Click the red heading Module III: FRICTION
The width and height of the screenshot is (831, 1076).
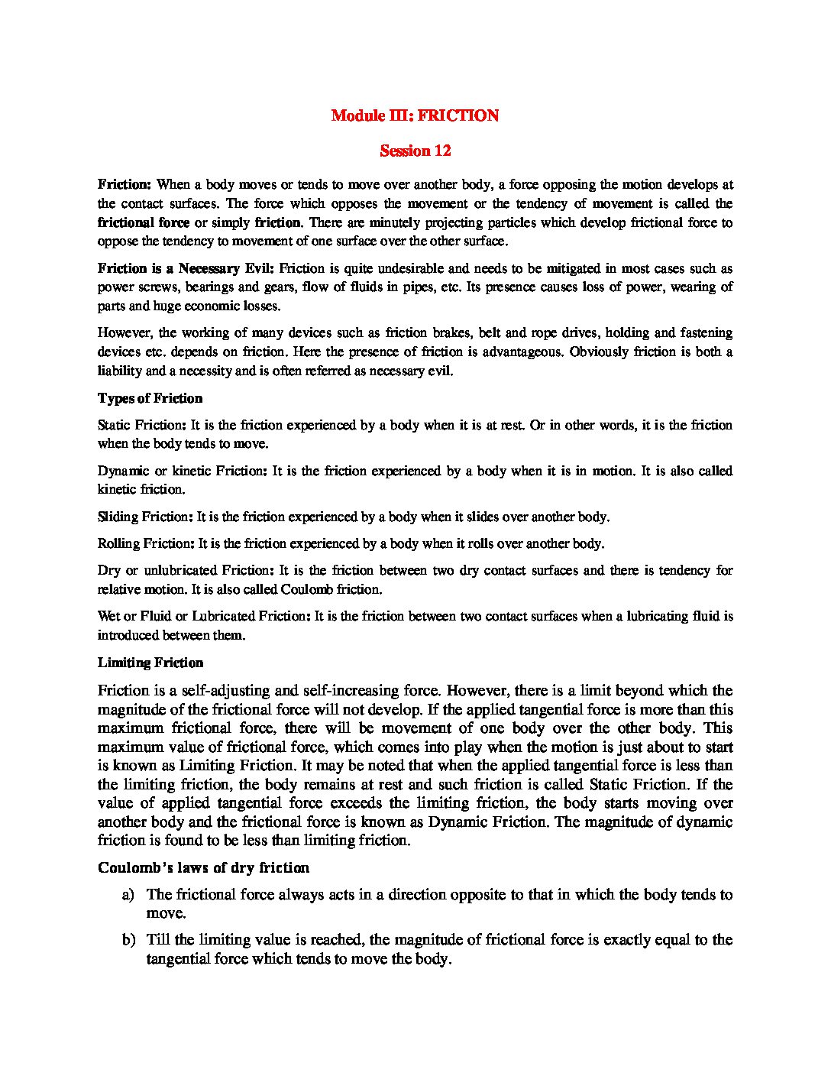click(x=415, y=115)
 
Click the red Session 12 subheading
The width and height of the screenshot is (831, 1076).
click(x=415, y=151)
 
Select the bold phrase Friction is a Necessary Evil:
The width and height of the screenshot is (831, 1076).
click(x=186, y=268)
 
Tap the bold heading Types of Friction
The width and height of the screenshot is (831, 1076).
click(x=150, y=398)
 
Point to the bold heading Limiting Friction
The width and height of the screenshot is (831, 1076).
click(x=150, y=663)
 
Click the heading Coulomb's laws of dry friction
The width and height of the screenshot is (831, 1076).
click(x=203, y=867)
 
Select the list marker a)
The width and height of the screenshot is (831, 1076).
click(x=128, y=894)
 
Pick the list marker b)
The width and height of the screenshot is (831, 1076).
click(x=128, y=940)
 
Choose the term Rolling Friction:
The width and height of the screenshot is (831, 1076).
click(x=145, y=543)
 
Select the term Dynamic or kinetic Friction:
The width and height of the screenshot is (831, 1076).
click(x=182, y=471)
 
